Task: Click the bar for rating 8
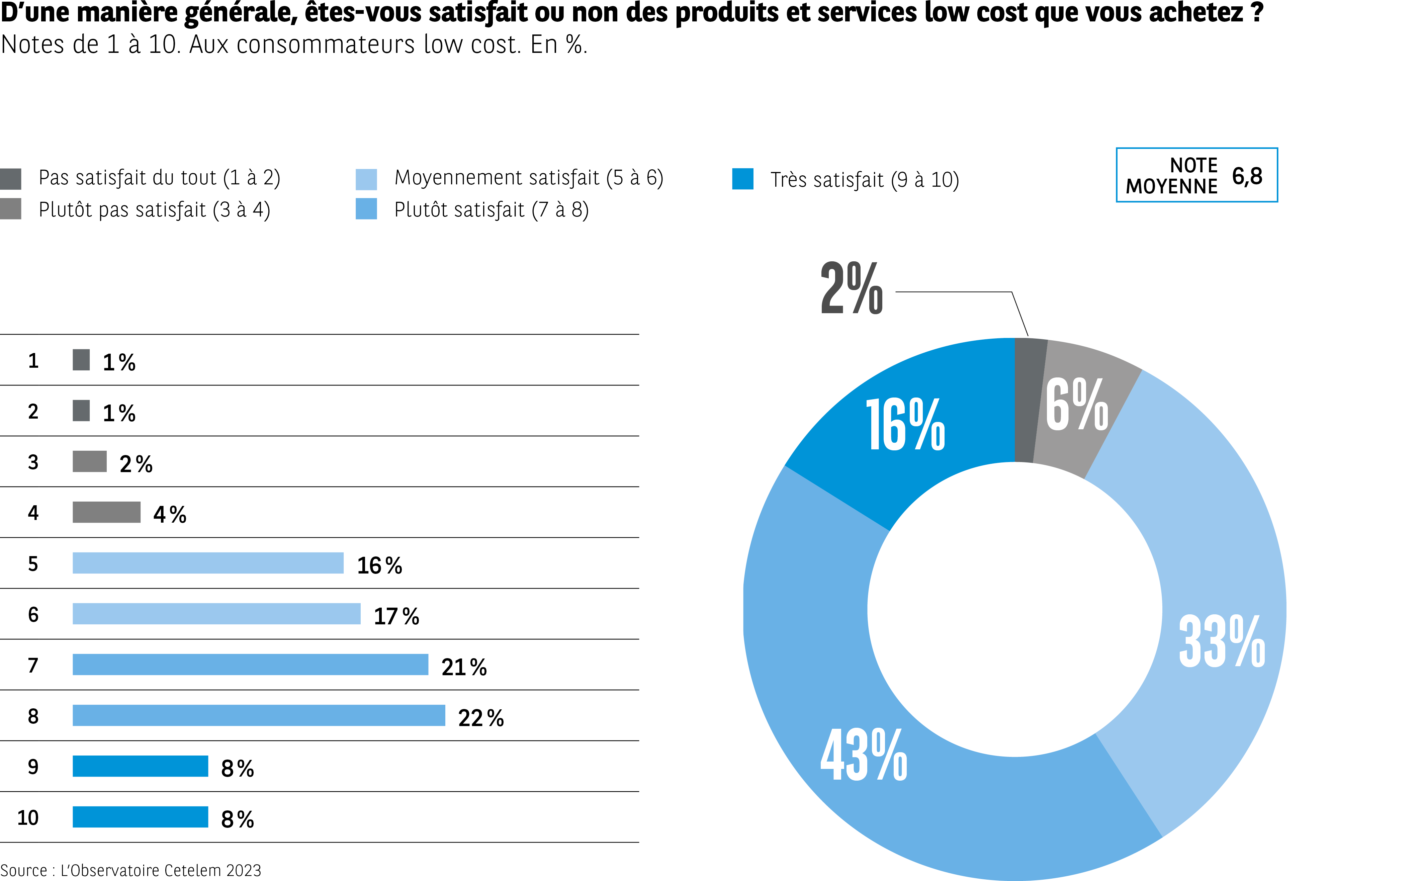[259, 715]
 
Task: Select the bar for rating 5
[208, 563]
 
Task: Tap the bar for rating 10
[141, 817]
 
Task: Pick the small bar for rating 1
[81, 360]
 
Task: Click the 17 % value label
[396, 616]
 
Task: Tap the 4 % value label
[170, 515]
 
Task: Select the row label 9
[33, 767]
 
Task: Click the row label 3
[33, 462]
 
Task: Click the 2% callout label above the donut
[851, 288]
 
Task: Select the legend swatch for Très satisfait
[743, 179]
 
